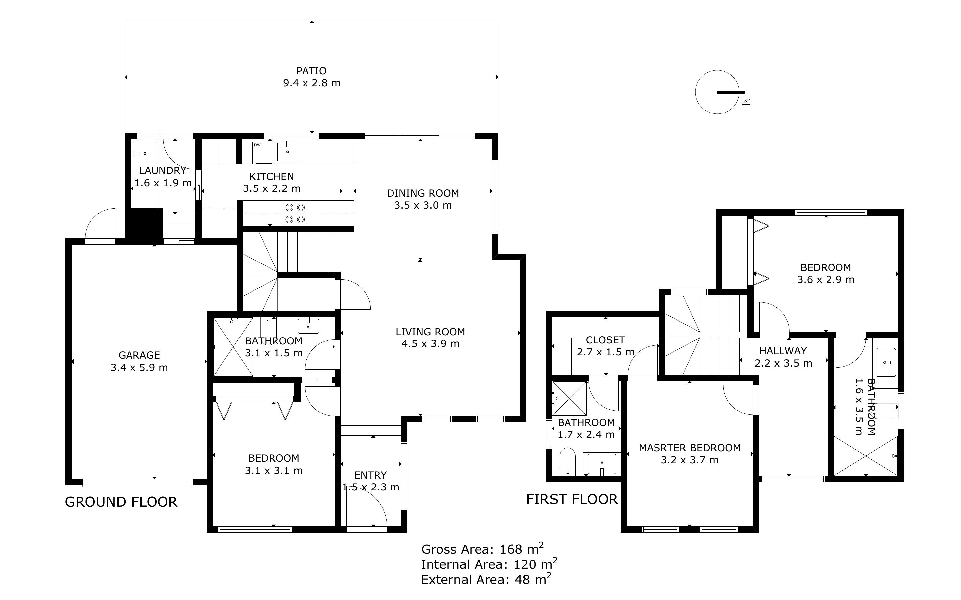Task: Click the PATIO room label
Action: (x=311, y=71)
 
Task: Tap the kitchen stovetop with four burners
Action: (x=295, y=213)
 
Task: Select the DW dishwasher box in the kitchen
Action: (x=264, y=152)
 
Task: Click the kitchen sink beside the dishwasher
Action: (x=287, y=152)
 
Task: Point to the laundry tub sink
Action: (x=144, y=153)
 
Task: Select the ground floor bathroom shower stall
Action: (x=233, y=346)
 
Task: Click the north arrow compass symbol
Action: (x=717, y=92)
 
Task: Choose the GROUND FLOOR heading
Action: (x=121, y=502)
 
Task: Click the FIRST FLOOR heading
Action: (x=571, y=499)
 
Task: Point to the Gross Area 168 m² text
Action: (x=482, y=549)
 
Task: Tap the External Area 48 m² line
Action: (x=485, y=580)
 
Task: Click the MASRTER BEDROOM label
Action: (x=689, y=448)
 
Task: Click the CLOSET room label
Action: (x=605, y=340)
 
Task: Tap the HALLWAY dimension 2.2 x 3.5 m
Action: (x=783, y=363)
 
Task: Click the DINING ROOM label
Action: (x=423, y=193)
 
